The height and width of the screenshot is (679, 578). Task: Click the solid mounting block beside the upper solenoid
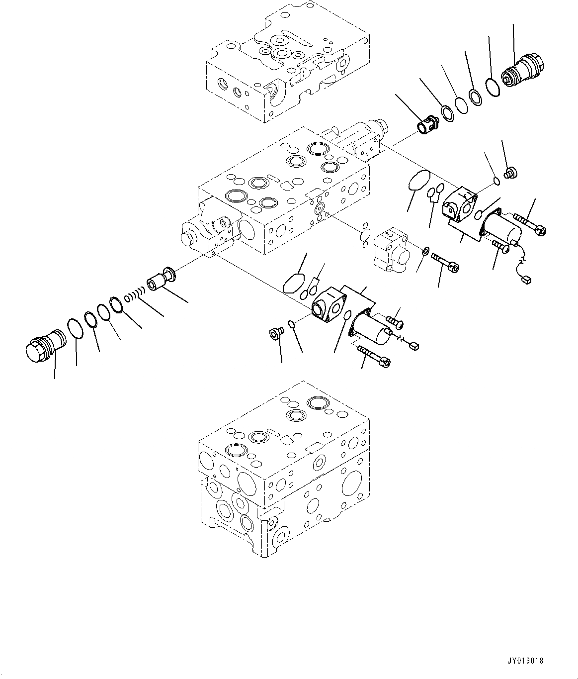(x=458, y=204)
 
